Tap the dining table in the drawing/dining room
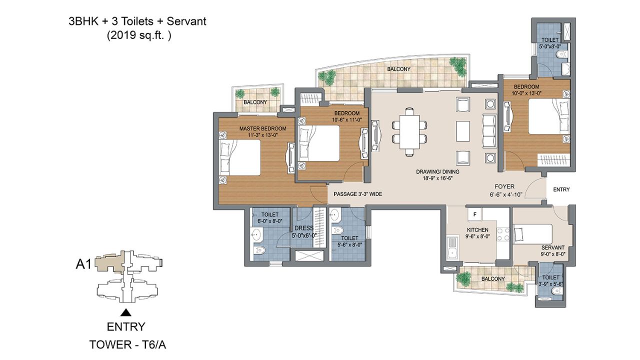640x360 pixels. pyautogui.click(x=409, y=131)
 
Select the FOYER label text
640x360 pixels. pyautogui.click(x=501, y=186)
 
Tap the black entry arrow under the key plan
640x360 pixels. pyautogui.click(x=126, y=312)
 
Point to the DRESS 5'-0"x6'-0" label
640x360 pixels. pyautogui.click(x=304, y=232)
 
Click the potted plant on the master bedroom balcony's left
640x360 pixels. pyautogui.click(x=240, y=93)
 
